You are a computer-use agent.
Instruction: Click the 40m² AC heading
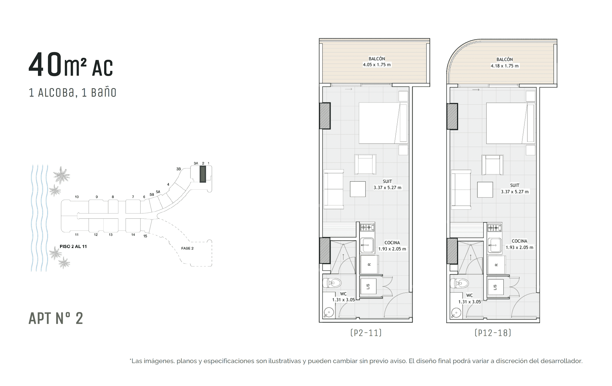(71, 65)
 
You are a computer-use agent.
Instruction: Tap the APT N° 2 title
(56, 318)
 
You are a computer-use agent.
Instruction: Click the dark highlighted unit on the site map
(203, 174)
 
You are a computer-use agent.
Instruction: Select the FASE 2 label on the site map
(187, 248)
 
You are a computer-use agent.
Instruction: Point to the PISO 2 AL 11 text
(73, 246)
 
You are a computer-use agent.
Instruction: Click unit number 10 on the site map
(77, 197)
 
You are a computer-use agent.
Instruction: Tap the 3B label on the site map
(178, 169)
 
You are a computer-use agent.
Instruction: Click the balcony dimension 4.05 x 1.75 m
(377, 65)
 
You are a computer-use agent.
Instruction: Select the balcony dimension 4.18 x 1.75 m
(505, 66)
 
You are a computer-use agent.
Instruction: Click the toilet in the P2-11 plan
(332, 283)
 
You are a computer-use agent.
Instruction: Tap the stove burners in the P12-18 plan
(494, 228)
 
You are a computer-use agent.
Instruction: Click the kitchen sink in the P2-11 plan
(367, 245)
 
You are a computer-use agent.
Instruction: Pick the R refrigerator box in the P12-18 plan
(496, 265)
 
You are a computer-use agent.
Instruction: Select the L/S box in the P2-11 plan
(368, 287)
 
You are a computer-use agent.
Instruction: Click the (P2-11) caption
(366, 333)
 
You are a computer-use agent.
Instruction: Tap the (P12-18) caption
(493, 333)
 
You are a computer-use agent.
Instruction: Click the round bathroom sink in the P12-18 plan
(456, 313)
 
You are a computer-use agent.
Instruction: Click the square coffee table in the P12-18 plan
(485, 190)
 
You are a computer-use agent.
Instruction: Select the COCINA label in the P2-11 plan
(392, 243)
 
